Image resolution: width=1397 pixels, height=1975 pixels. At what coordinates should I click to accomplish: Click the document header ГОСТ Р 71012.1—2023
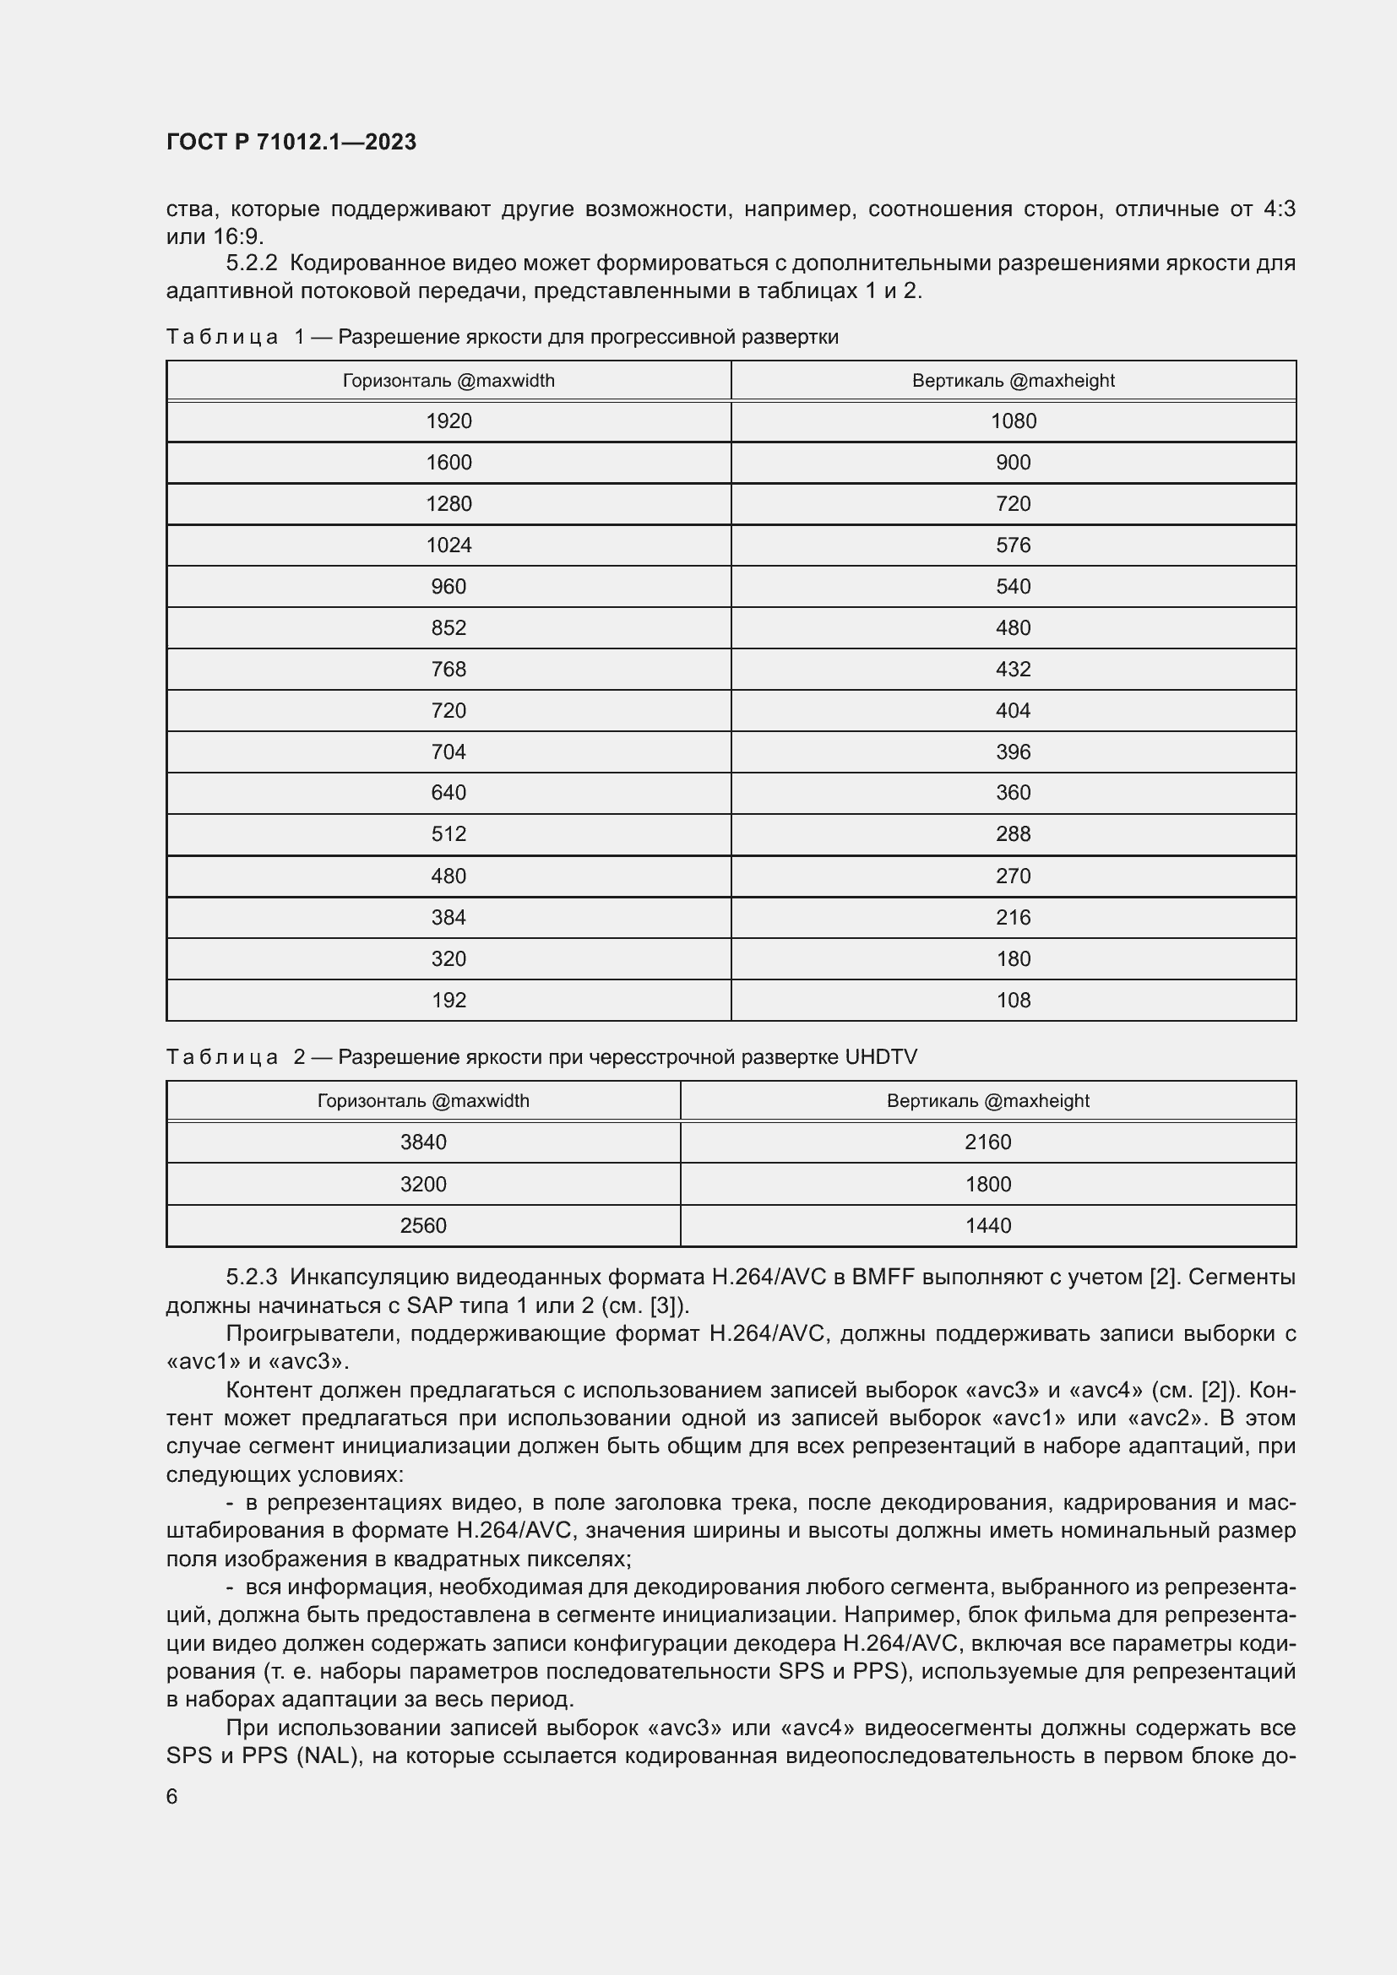click(291, 142)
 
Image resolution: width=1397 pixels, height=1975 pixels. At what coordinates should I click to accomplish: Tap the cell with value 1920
click(448, 421)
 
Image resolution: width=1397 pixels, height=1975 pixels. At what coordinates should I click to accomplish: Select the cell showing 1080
click(1013, 421)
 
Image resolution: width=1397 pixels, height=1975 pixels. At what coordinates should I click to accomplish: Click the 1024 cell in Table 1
click(448, 545)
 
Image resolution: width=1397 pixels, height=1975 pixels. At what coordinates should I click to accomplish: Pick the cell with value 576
click(1013, 545)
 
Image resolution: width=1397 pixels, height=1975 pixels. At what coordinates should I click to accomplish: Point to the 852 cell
click(448, 628)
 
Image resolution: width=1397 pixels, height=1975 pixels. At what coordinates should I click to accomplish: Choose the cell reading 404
click(1013, 710)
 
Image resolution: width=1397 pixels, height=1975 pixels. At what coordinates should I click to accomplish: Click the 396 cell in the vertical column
click(1013, 751)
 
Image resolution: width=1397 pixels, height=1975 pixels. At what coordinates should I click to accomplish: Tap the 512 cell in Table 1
click(448, 834)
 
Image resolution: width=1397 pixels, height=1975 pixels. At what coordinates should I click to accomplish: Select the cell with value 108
click(1013, 1001)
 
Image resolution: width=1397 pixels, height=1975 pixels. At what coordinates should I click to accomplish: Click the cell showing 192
click(448, 1001)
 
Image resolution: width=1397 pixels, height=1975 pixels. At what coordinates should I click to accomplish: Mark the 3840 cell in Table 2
click(423, 1142)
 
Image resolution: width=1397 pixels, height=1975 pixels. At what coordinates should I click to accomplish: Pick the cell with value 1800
click(987, 1185)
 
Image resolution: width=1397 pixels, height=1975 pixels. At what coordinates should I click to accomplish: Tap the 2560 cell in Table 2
click(423, 1226)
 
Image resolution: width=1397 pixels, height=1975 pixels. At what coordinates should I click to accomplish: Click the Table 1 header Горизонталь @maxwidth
click(448, 380)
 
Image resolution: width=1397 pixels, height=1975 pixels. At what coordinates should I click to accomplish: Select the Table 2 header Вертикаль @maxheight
click(987, 1101)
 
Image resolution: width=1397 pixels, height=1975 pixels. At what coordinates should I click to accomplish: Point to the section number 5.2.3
click(251, 1278)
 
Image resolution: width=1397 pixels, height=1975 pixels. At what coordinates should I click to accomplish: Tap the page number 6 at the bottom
click(172, 1797)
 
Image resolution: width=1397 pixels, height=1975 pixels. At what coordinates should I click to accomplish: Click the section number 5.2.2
click(251, 263)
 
